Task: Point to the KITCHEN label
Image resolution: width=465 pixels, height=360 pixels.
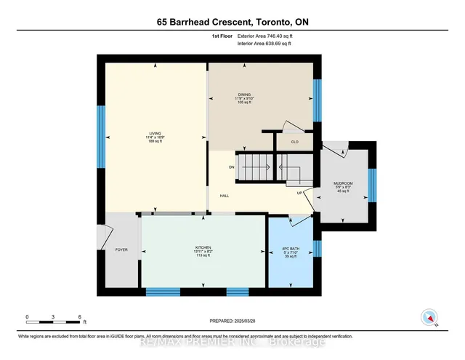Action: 202,248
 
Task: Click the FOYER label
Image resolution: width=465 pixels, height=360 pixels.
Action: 121,249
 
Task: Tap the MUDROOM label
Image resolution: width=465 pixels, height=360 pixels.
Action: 343,183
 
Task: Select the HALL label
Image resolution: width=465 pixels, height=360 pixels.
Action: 225,196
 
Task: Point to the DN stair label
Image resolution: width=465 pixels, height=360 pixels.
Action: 232,167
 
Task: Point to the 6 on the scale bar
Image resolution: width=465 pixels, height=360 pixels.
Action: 78,317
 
